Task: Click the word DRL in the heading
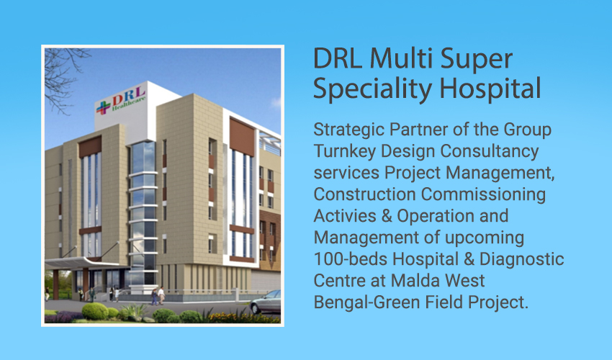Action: pyautogui.click(x=338, y=58)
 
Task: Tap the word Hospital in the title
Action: pyautogui.click(x=490, y=89)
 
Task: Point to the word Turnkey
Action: pyautogui.click(x=344, y=151)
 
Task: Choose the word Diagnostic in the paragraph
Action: pyautogui.click(x=521, y=260)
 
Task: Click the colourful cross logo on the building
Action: pyautogui.click(x=103, y=107)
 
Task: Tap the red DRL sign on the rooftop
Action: pyautogui.click(x=128, y=95)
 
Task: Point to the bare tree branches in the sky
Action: pyautogui.click(x=63, y=78)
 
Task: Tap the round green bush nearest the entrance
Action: pyautogui.click(x=95, y=311)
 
